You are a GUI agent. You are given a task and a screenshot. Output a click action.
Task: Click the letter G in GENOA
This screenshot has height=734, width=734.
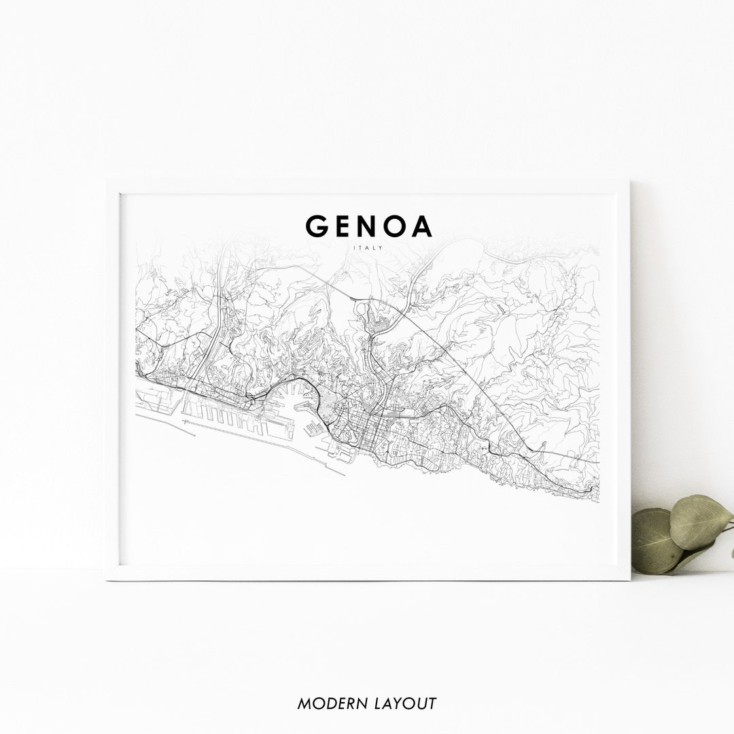pyautogui.click(x=317, y=226)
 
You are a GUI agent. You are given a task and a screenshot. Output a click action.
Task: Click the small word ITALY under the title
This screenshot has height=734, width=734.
pyautogui.click(x=368, y=247)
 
